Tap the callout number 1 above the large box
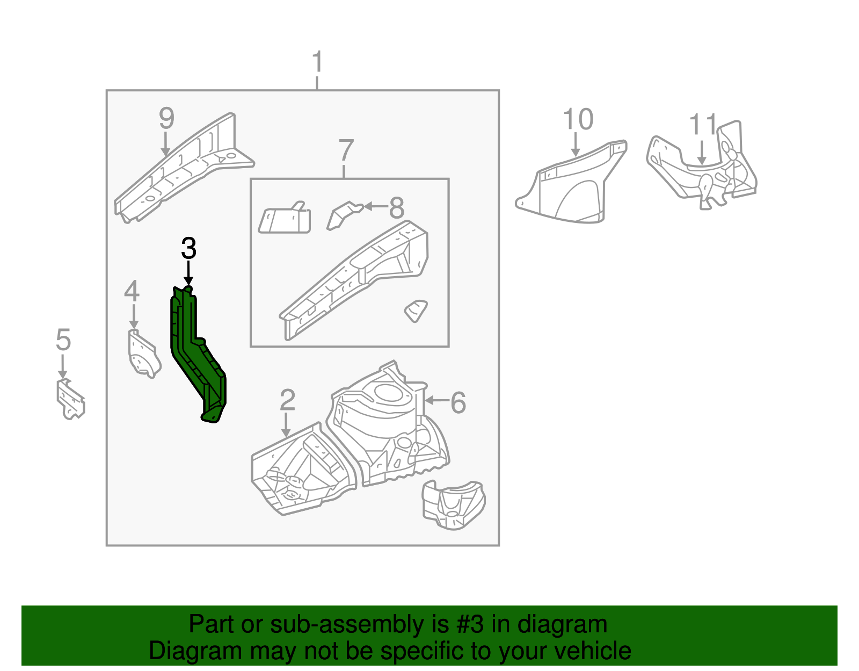317,63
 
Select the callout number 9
166,118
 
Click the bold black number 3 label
188,249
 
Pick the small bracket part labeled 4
143,355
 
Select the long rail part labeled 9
183,167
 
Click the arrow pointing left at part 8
374,206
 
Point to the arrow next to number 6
436,400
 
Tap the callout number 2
288,400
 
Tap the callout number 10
578,119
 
